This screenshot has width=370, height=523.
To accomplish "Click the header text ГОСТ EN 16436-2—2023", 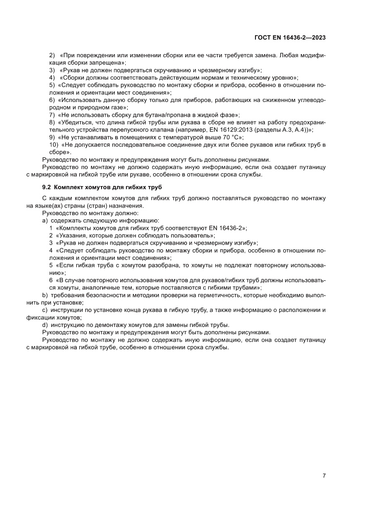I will pos(293,38).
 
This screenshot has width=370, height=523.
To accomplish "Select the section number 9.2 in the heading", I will pos(47,186).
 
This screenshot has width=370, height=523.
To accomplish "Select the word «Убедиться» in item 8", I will pos(76,122).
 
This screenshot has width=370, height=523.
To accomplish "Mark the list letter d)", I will pos(45,324).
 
